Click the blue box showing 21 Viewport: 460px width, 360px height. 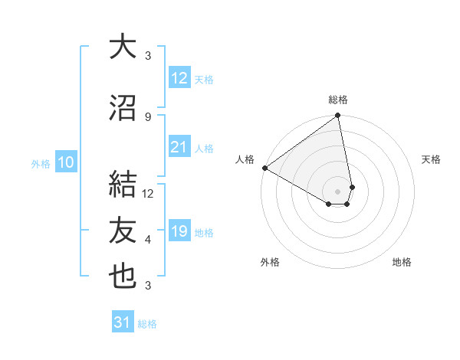179,147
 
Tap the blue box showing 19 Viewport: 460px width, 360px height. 179,231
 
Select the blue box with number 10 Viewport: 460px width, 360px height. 66,162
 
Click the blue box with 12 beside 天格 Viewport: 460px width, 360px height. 179,78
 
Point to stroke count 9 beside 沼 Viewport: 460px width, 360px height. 148,116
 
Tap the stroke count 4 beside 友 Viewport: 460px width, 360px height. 148,240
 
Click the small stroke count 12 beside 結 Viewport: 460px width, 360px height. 149,194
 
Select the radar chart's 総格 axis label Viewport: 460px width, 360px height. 338,100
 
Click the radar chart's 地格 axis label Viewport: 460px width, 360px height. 402,263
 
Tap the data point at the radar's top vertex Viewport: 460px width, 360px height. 338,116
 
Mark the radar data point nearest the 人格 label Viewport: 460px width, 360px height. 264,168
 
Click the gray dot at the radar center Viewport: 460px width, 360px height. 338,191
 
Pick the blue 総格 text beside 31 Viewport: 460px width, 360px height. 147,324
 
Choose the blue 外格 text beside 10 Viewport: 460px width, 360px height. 41,163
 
